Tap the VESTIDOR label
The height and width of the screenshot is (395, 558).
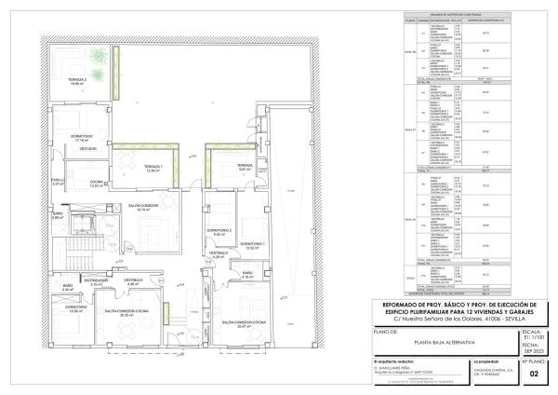coord(88,148)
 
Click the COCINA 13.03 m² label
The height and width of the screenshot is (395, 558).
coord(95,183)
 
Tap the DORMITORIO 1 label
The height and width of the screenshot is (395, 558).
coord(255,245)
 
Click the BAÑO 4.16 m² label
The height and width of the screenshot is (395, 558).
coord(247,275)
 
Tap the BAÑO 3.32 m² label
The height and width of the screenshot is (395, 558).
coord(68,288)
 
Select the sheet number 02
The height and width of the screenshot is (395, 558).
coord(534,374)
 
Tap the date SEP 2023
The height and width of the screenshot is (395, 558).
coord(533,352)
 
